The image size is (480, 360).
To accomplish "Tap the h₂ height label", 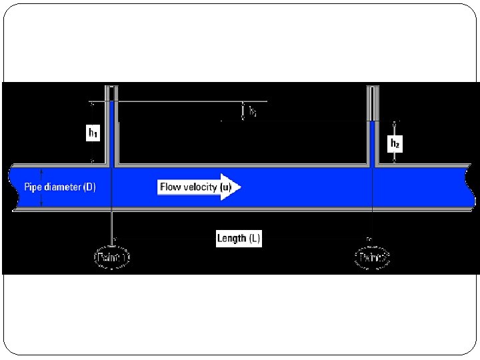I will pyautogui.click(x=394, y=143).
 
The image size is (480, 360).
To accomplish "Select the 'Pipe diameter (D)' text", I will pyautogui.click(x=60, y=187).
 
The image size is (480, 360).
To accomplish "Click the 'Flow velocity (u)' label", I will pyautogui.click(x=195, y=187).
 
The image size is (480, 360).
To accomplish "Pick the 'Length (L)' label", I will pyautogui.click(x=239, y=239).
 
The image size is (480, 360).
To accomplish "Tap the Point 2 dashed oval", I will pyautogui.click(x=371, y=257).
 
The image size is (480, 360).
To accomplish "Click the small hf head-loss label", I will pyautogui.click(x=253, y=113).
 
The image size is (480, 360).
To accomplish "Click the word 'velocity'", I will pyautogui.click(x=201, y=187).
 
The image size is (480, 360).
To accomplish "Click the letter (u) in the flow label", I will pyautogui.click(x=226, y=187).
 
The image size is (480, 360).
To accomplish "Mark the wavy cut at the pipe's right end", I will pyautogui.click(x=473, y=187).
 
